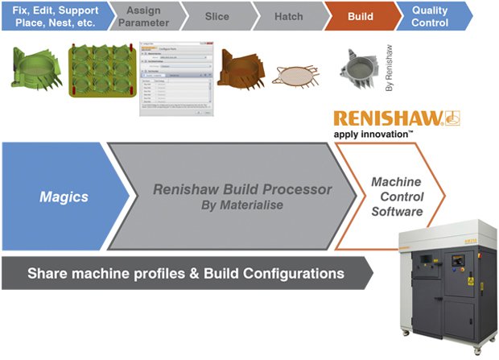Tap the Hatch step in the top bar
pos(288,15)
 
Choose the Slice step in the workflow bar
pos(217,15)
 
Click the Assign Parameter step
pos(143,15)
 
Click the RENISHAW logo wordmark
pos(386,119)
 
